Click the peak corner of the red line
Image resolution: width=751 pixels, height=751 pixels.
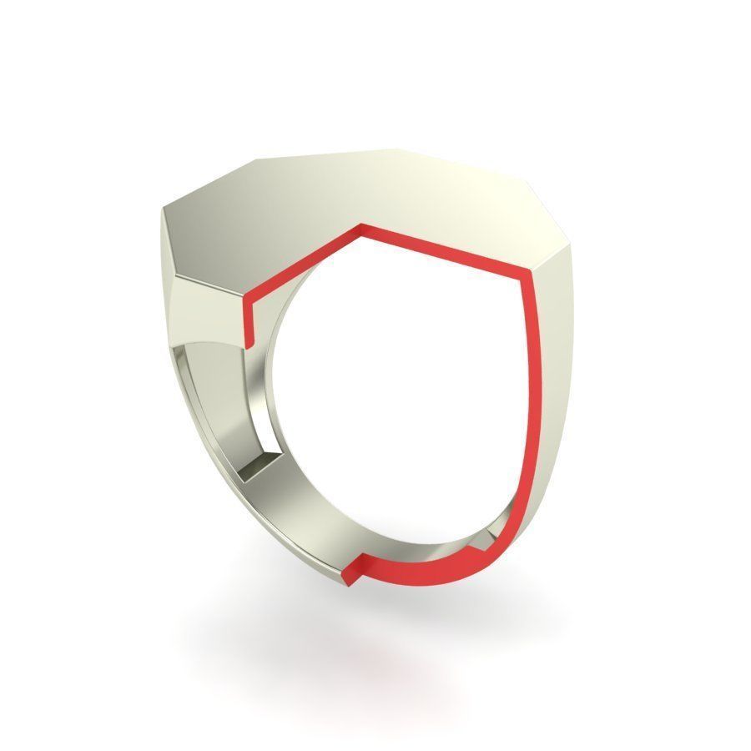(360, 227)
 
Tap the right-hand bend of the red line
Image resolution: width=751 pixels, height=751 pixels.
(531, 275)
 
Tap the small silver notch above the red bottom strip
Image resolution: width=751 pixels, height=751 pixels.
(477, 547)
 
